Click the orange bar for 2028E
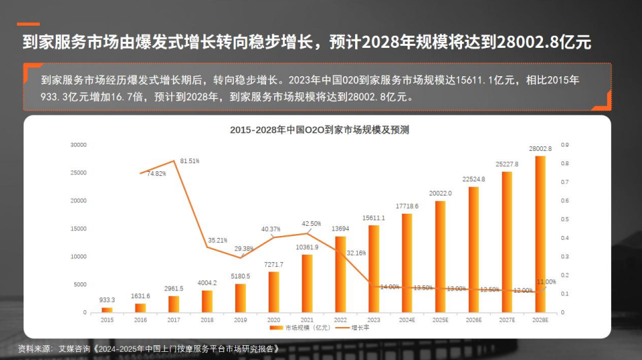click(x=540, y=234)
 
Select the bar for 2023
click(x=374, y=268)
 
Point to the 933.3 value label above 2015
click(x=107, y=300)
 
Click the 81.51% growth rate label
click(x=189, y=161)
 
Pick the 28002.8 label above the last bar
click(x=540, y=148)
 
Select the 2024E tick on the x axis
click(x=407, y=319)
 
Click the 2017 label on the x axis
click(x=174, y=319)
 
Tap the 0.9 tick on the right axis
click(x=565, y=145)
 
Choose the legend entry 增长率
click(x=360, y=328)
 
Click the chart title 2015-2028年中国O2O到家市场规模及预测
click(x=320, y=129)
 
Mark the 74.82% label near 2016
click(x=156, y=173)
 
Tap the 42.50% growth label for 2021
click(x=311, y=223)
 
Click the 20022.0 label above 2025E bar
click(x=441, y=193)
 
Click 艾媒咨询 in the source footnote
click(x=75, y=349)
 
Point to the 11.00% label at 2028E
click(x=546, y=282)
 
